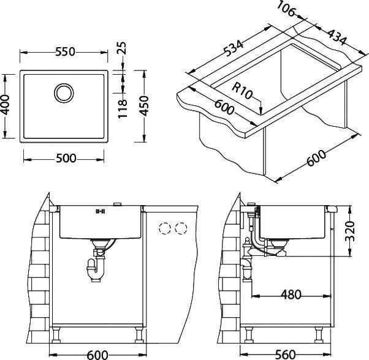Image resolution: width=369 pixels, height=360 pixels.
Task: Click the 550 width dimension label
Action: tap(64, 53)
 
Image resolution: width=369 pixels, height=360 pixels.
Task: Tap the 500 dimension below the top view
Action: tap(64, 159)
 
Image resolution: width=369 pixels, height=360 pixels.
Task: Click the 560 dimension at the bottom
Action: tap(286, 353)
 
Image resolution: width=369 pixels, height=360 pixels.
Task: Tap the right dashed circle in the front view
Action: tap(180, 229)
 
